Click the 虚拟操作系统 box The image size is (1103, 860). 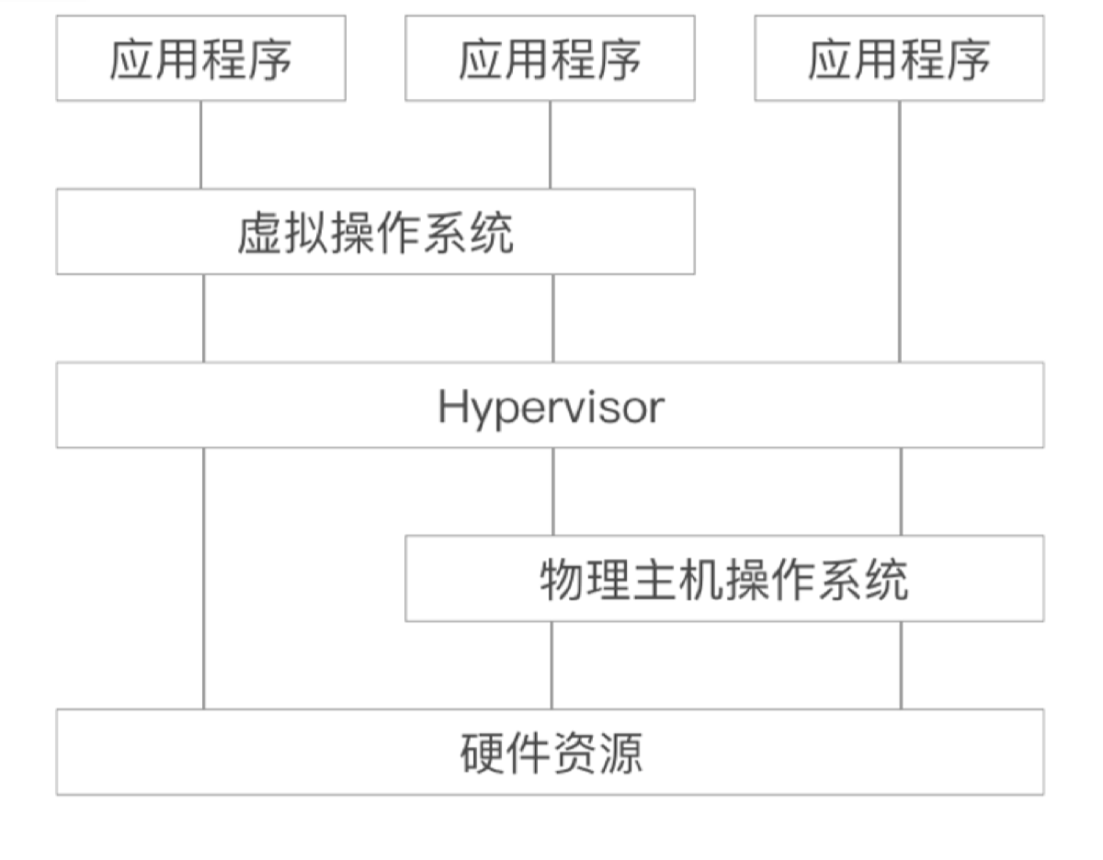point(375,232)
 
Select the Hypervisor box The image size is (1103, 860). point(550,405)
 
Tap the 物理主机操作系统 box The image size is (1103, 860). point(724,579)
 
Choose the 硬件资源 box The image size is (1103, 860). point(550,752)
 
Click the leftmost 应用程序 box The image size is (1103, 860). point(200,58)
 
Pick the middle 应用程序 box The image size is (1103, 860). point(550,58)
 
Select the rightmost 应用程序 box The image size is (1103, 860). point(899,58)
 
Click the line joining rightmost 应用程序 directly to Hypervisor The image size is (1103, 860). point(899,230)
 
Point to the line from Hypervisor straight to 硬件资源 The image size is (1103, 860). point(203,579)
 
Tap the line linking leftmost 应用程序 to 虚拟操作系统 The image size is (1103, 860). point(200,144)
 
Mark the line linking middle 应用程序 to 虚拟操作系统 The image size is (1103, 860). point(551,144)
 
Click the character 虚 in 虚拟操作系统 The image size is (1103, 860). point(260,232)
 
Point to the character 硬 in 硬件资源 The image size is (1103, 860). point(482,752)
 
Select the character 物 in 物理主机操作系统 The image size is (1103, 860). point(563,580)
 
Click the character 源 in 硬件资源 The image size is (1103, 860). point(620,752)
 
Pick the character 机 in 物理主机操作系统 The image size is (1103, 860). point(700,580)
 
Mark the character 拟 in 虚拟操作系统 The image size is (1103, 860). point(306,232)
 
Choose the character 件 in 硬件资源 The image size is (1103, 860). point(528,752)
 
